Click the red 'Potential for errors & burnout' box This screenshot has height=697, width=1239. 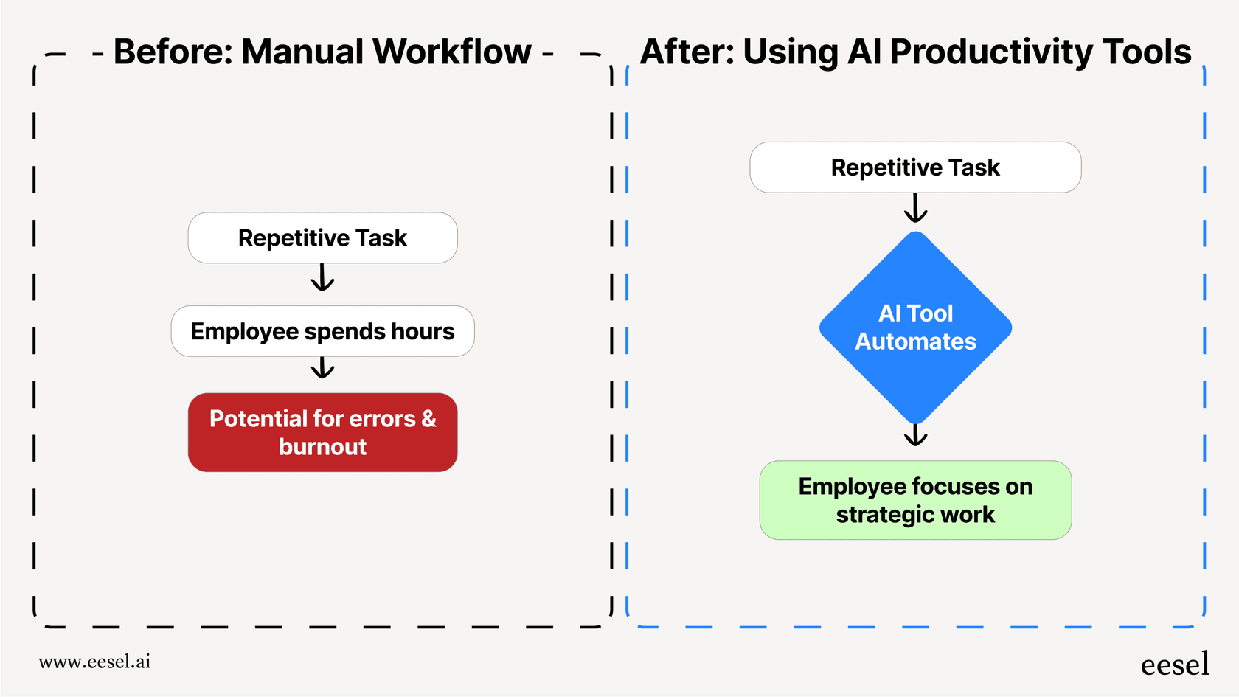point(322,432)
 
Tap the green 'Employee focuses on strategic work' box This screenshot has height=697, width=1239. point(915,500)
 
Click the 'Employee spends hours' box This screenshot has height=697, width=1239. point(322,331)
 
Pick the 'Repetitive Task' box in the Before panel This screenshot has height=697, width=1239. point(322,237)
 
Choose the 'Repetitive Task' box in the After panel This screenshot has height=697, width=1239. point(915,167)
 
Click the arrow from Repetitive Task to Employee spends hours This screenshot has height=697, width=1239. point(322,278)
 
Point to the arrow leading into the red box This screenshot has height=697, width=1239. point(322,368)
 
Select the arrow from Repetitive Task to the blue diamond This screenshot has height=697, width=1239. point(915,208)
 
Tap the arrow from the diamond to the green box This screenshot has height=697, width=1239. point(915,435)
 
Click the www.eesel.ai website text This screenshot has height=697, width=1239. point(94,662)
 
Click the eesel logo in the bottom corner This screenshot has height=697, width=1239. point(1175,665)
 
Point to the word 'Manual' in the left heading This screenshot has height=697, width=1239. point(303,52)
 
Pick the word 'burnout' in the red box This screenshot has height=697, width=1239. point(322,447)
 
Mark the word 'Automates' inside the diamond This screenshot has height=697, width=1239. point(915,341)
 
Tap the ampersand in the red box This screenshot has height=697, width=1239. point(428,419)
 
